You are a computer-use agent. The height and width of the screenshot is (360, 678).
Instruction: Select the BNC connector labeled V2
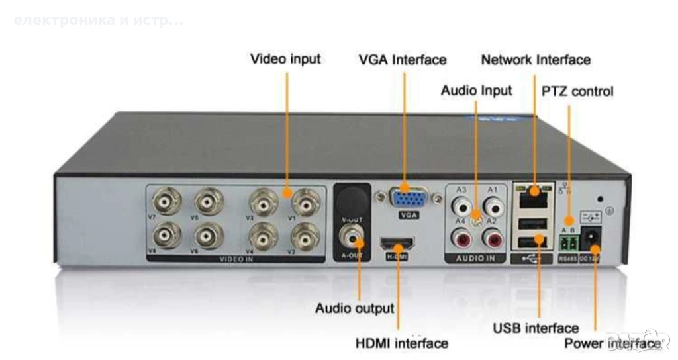[305, 236]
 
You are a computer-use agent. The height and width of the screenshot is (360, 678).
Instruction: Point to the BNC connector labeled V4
[264, 236]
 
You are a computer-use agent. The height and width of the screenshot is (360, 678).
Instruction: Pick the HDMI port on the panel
[397, 246]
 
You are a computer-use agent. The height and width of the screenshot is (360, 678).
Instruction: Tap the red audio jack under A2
[491, 237]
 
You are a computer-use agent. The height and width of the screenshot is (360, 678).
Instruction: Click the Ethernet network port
[532, 195]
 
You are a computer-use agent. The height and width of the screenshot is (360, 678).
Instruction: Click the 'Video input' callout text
[285, 59]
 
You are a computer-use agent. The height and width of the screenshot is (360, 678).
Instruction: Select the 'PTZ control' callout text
[577, 91]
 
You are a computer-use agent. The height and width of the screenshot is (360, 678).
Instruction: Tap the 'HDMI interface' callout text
[402, 343]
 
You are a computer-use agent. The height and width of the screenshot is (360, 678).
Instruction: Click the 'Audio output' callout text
[354, 308]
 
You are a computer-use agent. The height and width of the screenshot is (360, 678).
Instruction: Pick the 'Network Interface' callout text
[536, 60]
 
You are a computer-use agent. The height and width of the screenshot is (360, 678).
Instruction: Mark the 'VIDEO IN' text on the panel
[237, 259]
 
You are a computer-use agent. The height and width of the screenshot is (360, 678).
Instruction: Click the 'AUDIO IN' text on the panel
[475, 259]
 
